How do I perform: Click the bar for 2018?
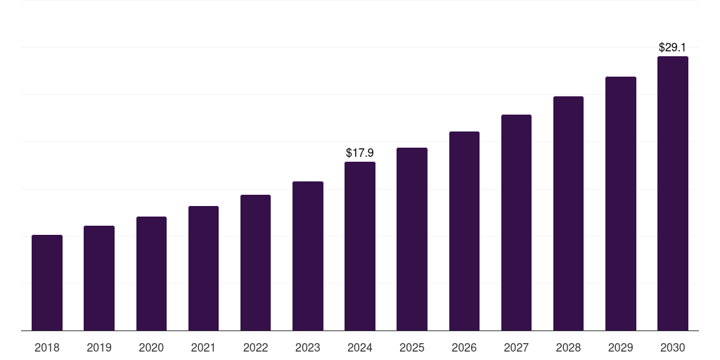pyautogui.click(x=47, y=283)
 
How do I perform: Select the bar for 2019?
pyautogui.click(x=99, y=278)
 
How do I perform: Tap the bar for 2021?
pyautogui.click(x=203, y=269)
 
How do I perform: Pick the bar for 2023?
pyautogui.click(x=308, y=256)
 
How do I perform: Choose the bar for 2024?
pyautogui.click(x=360, y=246)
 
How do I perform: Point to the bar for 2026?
pyautogui.click(x=464, y=231)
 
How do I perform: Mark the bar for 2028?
pyautogui.click(x=568, y=214)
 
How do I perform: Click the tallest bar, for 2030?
pyautogui.click(x=673, y=193)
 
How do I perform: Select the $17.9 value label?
pyautogui.click(x=360, y=153)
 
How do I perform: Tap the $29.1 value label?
pyautogui.click(x=673, y=47)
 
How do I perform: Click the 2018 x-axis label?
pyautogui.click(x=47, y=347)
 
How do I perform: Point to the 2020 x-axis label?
pyautogui.click(x=151, y=347)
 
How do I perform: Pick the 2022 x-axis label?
pyautogui.click(x=255, y=347)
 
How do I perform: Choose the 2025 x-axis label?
pyautogui.click(x=412, y=347)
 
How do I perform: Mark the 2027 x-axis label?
pyautogui.click(x=516, y=347)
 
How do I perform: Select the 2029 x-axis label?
pyautogui.click(x=621, y=347)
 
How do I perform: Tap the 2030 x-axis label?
pyautogui.click(x=673, y=347)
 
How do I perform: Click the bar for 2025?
pyautogui.click(x=412, y=239)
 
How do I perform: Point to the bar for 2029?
pyautogui.click(x=621, y=204)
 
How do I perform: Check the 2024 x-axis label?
pyautogui.click(x=360, y=347)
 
